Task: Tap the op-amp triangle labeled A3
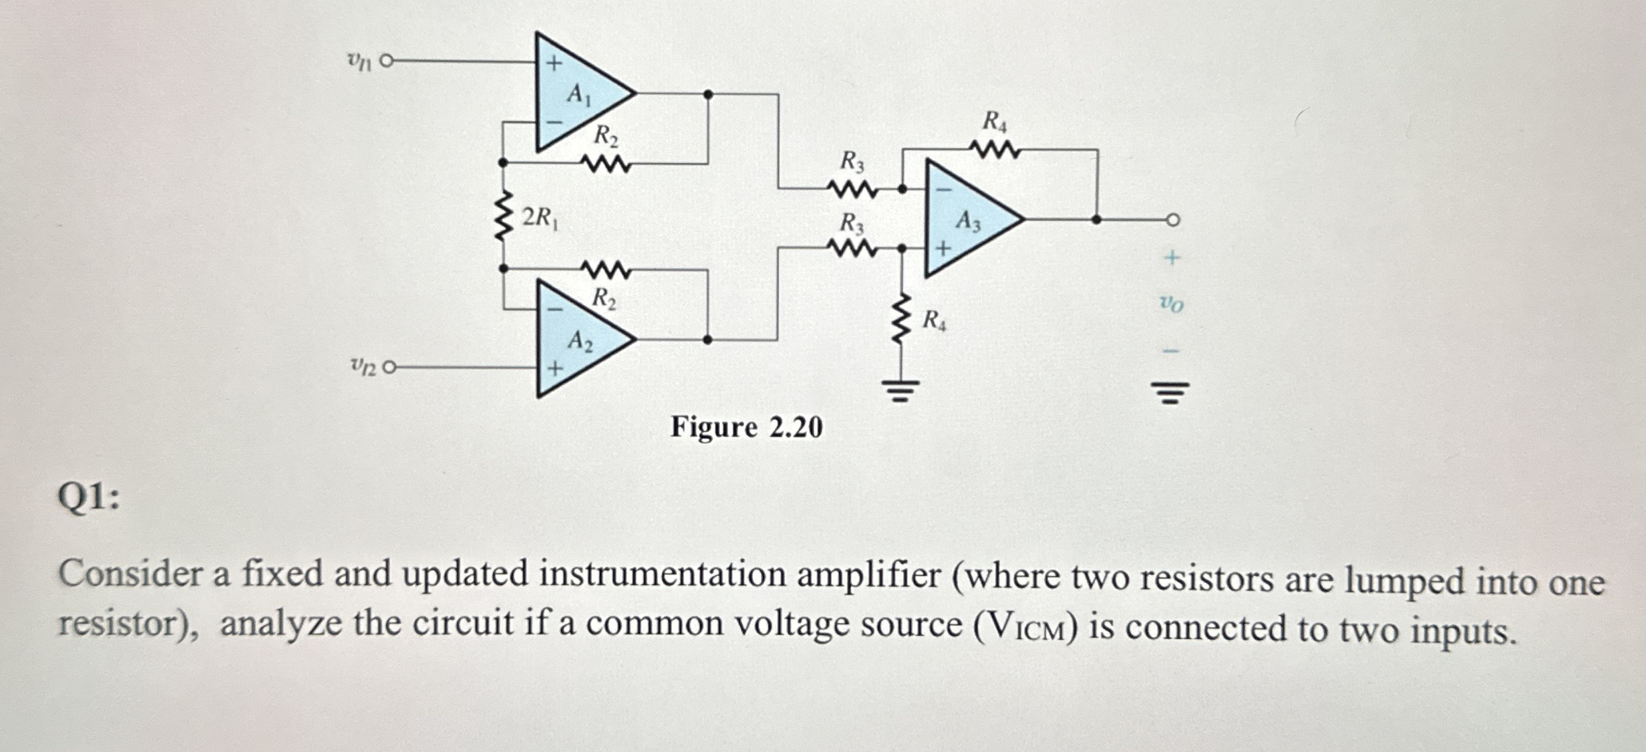965,219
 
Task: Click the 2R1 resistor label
539,217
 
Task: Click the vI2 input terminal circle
390,367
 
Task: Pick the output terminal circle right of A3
1173,219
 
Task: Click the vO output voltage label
1171,304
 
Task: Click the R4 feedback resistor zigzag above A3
995,150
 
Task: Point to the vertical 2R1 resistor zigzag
503,215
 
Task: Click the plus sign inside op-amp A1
554,64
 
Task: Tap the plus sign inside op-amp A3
943,249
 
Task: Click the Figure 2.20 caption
746,427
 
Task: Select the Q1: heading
89,497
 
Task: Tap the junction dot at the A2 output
707,340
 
